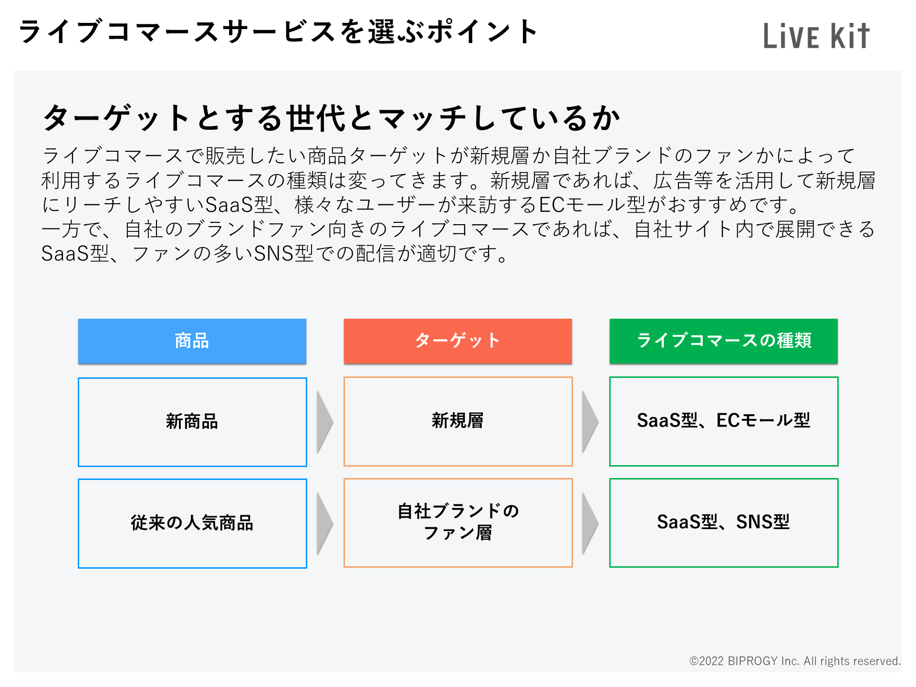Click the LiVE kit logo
click(x=816, y=36)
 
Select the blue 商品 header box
click(x=192, y=341)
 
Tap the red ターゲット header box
click(x=458, y=341)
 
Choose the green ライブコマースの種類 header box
click(x=724, y=341)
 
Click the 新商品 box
click(x=192, y=422)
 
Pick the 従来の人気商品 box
click(x=192, y=523)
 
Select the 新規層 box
click(x=458, y=421)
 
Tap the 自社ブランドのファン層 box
click(x=458, y=522)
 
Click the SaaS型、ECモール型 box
click(x=724, y=421)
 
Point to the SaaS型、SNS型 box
click(x=724, y=522)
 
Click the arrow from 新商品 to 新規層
click(x=325, y=422)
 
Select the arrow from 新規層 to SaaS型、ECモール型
click(x=590, y=422)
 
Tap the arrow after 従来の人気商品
click(x=325, y=523)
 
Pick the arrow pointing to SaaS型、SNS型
click(x=590, y=523)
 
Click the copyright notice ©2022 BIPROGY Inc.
click(x=795, y=661)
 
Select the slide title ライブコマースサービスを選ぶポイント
click(x=279, y=31)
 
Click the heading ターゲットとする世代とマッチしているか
click(x=332, y=117)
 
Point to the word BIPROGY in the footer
click(x=753, y=661)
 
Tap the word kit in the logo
click(x=850, y=36)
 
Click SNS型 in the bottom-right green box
click(x=763, y=522)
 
